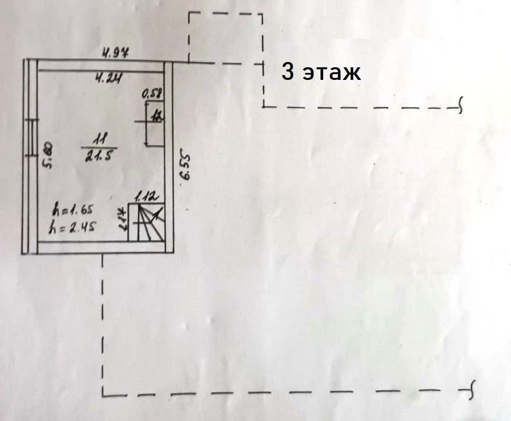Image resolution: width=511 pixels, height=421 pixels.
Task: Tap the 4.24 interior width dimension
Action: point(109,79)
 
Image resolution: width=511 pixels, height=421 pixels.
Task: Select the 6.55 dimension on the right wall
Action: point(184,167)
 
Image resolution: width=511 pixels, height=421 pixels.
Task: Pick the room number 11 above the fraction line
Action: point(98,139)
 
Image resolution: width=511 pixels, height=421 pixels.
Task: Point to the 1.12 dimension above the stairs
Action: point(147,198)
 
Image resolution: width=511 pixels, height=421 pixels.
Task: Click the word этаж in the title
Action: point(332,73)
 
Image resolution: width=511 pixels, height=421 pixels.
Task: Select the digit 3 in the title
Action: point(287,71)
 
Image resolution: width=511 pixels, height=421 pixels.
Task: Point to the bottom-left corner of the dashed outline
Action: point(103,393)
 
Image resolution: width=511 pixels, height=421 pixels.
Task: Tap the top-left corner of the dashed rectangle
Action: point(189,14)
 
